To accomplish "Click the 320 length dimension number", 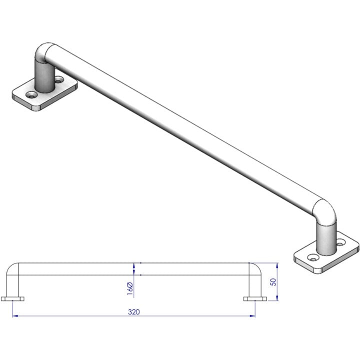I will [x=133, y=311].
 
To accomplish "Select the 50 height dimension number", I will [x=273, y=282].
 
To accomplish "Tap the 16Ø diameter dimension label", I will [x=129, y=287].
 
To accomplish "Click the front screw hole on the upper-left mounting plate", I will [x=32, y=94].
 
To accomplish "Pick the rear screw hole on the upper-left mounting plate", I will [x=60, y=79].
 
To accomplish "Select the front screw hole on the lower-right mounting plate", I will [x=313, y=257].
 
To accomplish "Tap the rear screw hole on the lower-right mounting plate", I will [x=342, y=242].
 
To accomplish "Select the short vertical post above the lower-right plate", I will [x=326, y=237].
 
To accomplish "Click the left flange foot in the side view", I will [x=13, y=299].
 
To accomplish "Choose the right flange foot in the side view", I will [x=255, y=299].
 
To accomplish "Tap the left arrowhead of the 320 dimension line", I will [x=14, y=315].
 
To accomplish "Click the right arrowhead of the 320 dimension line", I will [x=253, y=315].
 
